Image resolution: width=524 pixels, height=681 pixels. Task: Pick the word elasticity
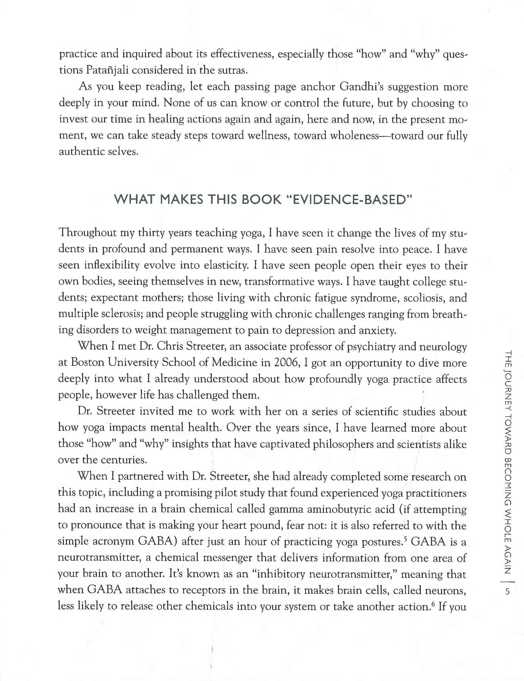pos(226,265)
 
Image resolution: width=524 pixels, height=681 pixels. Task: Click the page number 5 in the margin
pos(507,591)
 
